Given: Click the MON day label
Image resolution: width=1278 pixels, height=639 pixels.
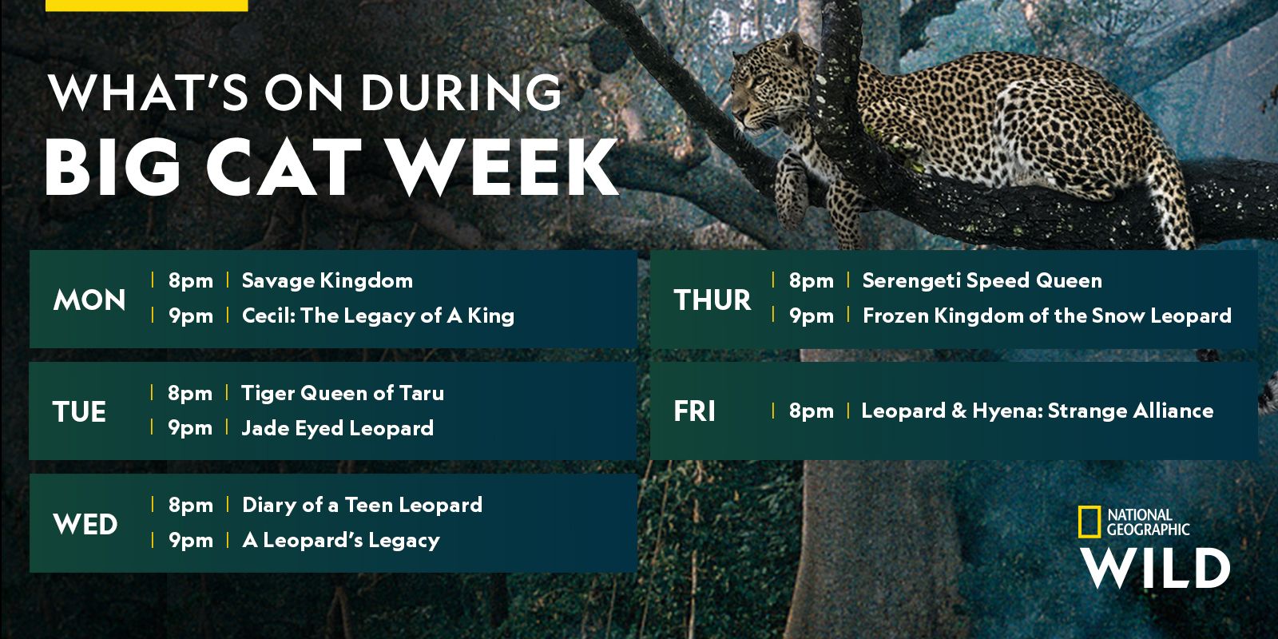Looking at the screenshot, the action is click(x=89, y=300).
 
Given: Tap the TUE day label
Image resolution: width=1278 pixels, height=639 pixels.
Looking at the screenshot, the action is click(x=79, y=412).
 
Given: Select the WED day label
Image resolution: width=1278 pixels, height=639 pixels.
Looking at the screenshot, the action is click(x=85, y=524).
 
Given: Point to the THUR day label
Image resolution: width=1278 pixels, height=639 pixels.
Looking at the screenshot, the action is click(x=712, y=300).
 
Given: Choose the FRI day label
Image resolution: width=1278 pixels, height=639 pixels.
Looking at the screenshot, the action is click(x=694, y=411).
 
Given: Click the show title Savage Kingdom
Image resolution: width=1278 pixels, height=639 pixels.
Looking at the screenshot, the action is click(x=327, y=280).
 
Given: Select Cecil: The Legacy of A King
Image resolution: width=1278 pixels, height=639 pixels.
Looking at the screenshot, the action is click(x=379, y=316).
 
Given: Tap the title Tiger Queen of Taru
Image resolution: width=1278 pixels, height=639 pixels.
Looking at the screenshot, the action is click(x=343, y=393).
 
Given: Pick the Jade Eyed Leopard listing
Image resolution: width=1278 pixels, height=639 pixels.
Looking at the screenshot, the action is click(x=338, y=428).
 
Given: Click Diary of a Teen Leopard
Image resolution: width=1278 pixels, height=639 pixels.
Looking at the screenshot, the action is click(x=363, y=505).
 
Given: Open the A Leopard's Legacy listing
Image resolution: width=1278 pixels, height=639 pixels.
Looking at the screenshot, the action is click(x=341, y=540).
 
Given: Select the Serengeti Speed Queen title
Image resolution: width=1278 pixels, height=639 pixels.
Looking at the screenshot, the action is click(x=982, y=280).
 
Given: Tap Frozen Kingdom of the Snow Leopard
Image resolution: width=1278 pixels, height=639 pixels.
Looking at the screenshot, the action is click(x=1047, y=316).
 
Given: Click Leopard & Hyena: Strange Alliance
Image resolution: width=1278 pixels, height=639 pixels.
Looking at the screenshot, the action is click(x=1038, y=411).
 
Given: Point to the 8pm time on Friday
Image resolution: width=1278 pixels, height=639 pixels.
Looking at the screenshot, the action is click(x=812, y=411).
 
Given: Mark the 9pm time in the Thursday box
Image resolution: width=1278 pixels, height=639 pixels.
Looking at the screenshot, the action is click(x=812, y=316).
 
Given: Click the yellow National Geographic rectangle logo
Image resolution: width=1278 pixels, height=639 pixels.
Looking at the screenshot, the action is click(x=1089, y=522).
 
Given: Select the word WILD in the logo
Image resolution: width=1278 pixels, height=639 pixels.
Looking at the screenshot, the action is click(x=1155, y=568).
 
